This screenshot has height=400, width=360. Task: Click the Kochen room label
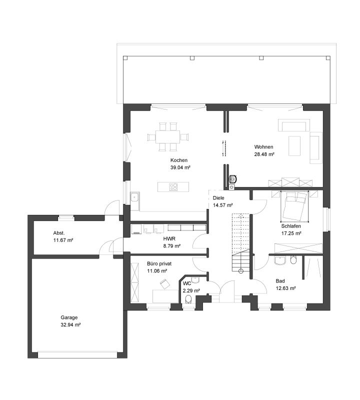179,160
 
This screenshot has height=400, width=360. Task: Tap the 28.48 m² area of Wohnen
264,154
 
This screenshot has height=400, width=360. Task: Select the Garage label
69,317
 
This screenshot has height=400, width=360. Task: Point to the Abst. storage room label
59,233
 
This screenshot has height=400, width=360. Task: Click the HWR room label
169,239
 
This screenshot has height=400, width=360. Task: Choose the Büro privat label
159,263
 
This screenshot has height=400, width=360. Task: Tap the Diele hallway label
218,197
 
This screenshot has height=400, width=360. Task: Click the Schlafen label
291,226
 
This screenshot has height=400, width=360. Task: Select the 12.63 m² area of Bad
286,288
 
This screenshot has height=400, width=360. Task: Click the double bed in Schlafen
294,206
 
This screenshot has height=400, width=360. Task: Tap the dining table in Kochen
168,137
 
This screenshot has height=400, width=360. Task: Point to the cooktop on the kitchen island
173,186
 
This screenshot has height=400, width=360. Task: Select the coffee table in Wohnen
294,145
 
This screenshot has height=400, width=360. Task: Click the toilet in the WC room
188,299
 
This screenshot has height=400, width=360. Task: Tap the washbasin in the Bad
280,260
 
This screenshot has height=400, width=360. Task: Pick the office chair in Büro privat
164,283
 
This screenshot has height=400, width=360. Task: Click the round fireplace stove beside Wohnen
233,179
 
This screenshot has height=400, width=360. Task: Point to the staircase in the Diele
240,242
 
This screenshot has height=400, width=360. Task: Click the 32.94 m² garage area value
70,324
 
